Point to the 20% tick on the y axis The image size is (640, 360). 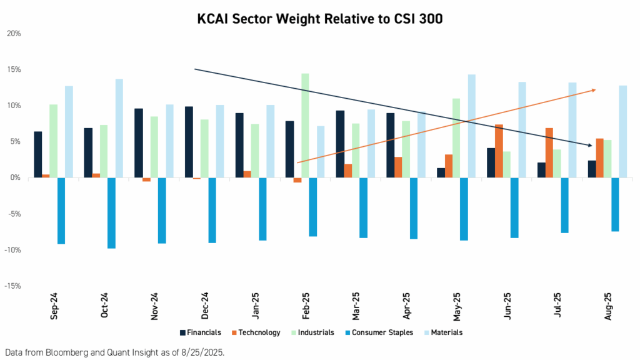(13, 33)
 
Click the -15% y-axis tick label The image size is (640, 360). (12, 286)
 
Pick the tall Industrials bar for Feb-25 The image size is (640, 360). (305, 126)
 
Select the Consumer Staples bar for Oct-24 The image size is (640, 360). (111, 213)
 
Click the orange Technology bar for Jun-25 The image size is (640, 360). (499, 151)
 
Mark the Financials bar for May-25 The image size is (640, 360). (441, 173)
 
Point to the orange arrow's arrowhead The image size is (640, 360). (593, 90)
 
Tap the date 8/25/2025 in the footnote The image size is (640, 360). (202, 351)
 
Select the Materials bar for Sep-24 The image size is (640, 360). (69, 132)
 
